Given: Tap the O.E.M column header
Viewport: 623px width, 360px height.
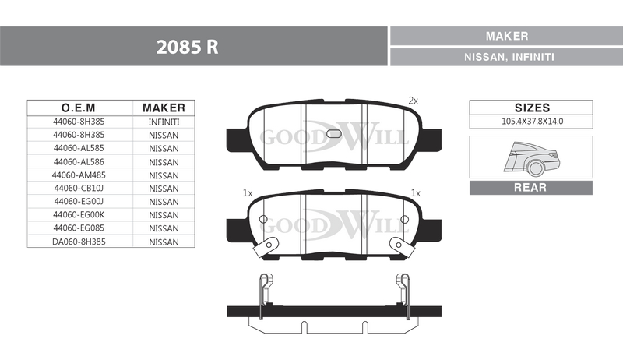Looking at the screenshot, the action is coord(78,108).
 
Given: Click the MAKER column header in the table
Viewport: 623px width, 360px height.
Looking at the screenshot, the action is coord(164,108).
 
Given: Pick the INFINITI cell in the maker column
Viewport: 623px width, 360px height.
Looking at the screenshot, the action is coord(164,122).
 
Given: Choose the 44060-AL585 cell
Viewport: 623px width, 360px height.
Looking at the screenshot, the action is coord(78,148).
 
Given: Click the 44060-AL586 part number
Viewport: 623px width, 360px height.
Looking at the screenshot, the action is coord(78,161).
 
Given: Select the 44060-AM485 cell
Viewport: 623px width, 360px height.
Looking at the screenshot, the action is coord(78,175).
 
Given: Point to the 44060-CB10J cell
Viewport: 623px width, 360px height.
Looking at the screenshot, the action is coord(78,189).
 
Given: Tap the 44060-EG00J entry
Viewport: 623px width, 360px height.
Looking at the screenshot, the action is coord(78,202).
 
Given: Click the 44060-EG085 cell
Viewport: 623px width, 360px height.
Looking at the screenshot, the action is coord(78,228).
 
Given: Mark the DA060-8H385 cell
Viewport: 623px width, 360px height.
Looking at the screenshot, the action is coord(78,242).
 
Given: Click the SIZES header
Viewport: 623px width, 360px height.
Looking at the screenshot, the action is coord(532,108).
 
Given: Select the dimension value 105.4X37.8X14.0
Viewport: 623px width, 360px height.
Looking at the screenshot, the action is coord(532,122).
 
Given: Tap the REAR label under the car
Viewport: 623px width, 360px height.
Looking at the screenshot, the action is coord(531,188).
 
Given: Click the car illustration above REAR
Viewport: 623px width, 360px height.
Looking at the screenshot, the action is coord(531,159).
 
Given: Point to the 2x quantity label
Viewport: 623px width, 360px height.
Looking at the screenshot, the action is coord(414,101).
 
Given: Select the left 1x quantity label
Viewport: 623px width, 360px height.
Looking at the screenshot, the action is coord(248,192).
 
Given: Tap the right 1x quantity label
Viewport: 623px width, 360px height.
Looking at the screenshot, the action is coord(415,192).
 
